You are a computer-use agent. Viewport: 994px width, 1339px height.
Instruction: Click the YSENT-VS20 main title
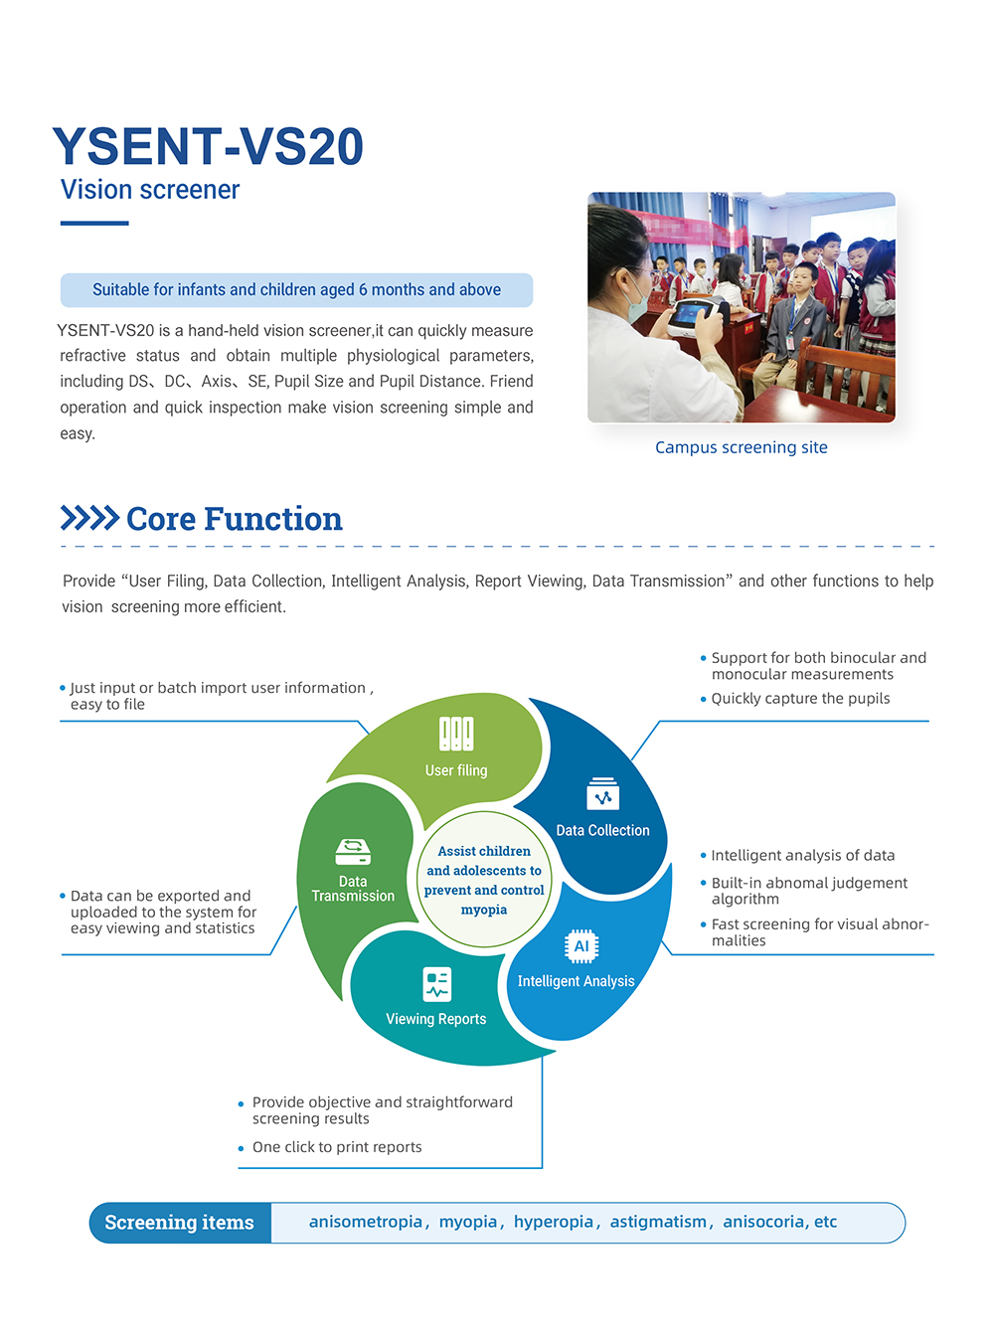[208, 147]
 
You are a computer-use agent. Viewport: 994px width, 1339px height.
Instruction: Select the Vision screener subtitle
[150, 190]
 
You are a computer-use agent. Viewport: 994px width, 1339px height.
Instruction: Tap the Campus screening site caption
[741, 447]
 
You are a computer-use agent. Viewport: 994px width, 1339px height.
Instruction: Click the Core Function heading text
[235, 519]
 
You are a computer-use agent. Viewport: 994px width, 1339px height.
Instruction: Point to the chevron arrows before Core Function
[89, 518]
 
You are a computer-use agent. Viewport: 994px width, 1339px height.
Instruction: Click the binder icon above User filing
[456, 734]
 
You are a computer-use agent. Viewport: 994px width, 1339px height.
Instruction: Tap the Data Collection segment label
[602, 830]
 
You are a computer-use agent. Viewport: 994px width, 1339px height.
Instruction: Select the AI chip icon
[581, 946]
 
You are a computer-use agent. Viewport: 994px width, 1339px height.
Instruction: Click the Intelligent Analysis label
[576, 981]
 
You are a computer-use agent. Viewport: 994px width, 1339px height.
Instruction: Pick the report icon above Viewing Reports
[436, 984]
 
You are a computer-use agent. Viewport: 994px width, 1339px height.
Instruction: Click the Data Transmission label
[353, 889]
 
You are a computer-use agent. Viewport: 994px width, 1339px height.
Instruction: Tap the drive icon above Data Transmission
[353, 852]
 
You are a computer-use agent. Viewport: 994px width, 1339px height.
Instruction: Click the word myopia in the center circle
[484, 910]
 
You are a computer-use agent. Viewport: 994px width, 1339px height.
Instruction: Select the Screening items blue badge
[180, 1223]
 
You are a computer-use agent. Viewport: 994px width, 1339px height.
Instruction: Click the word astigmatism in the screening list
[658, 1222]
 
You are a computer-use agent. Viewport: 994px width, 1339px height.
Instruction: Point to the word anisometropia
[366, 1222]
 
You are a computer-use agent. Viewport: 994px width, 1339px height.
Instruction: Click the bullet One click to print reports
[337, 1147]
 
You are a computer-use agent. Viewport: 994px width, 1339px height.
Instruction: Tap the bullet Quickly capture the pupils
[800, 699]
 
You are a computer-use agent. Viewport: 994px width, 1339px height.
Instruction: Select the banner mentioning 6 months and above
[296, 290]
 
